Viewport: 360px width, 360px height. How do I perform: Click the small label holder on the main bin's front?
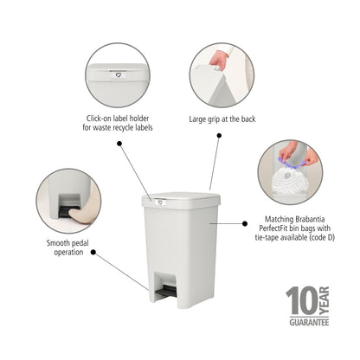tap(160, 202)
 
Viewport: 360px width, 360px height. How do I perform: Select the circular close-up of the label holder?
tap(117, 75)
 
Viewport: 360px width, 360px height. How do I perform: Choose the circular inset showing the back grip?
tap(222, 75)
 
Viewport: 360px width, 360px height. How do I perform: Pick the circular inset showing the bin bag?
tap(290, 172)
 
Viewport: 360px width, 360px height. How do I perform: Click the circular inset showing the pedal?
tap(68, 201)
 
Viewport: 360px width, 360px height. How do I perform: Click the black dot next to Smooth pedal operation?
tap(93, 254)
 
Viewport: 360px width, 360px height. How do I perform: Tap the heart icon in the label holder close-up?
tap(117, 74)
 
